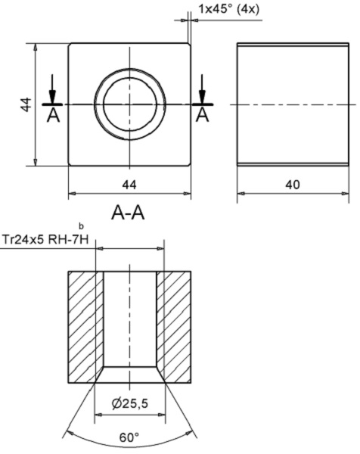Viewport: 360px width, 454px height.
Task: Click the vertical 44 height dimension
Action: (25, 104)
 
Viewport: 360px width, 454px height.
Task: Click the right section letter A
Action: (202, 115)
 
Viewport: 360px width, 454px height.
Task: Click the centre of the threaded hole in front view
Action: (129, 104)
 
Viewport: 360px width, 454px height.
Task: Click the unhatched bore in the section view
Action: (129, 318)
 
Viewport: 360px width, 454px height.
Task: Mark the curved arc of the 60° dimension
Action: (83, 431)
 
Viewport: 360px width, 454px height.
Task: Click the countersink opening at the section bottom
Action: (129, 374)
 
